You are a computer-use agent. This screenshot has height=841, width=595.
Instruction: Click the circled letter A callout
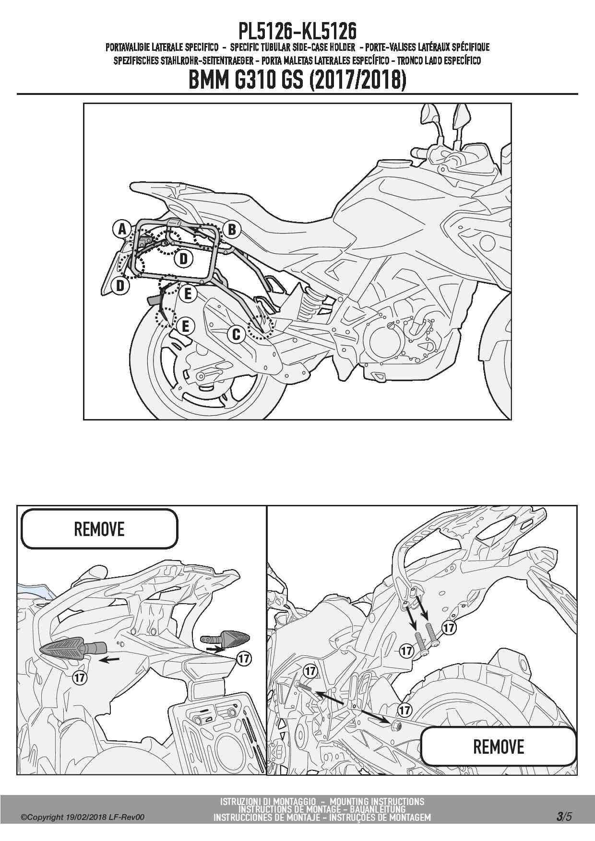coord(122,229)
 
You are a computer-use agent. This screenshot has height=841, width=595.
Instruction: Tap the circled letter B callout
coord(231,230)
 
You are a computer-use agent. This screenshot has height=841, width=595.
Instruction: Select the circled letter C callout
coord(236,334)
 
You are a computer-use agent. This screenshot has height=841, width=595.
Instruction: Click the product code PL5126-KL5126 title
coord(297,32)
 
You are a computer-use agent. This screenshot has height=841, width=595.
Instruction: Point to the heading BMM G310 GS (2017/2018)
coord(297,80)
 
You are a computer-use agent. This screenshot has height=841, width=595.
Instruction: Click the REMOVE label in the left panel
coord(99,529)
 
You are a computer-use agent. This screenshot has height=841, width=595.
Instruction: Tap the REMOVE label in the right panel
coord(499,747)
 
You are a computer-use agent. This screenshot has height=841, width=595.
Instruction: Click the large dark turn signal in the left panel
coord(72,648)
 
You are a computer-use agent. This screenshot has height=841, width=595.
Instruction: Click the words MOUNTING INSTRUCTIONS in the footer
coord(377,801)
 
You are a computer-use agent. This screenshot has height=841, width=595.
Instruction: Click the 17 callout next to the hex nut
coord(405,709)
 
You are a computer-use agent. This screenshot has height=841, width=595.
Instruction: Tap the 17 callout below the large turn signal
coord(80,677)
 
